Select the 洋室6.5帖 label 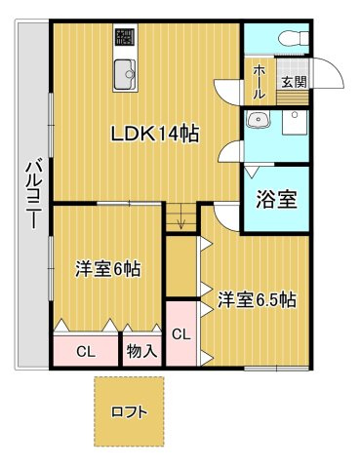(x=257, y=299)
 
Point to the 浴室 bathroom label (x=277, y=200)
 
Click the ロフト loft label (x=130, y=411)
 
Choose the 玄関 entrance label (x=293, y=82)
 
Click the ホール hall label (x=259, y=81)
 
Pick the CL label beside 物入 (x=86, y=352)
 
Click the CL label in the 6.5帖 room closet (x=180, y=334)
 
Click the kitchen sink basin (x=126, y=73)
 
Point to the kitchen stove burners (x=126, y=38)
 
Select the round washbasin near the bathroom (x=259, y=122)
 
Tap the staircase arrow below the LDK (x=180, y=220)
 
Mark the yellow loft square (x=130, y=411)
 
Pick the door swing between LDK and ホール (x=231, y=88)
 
